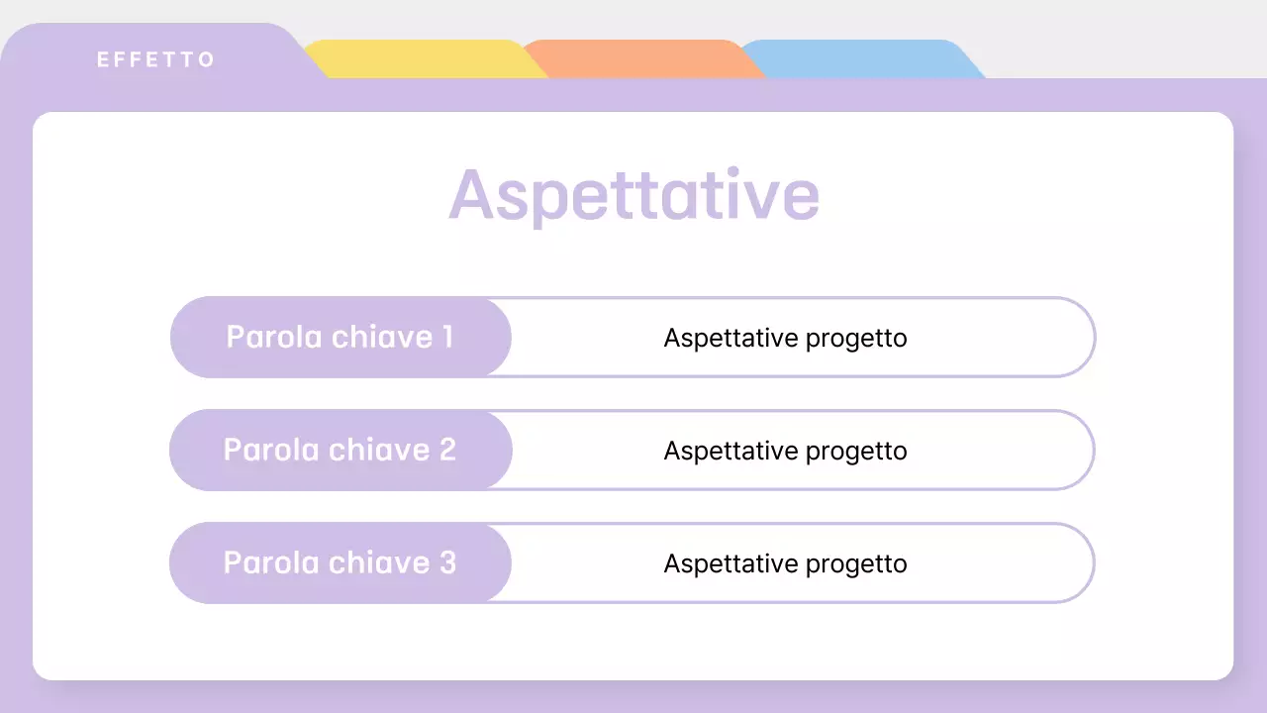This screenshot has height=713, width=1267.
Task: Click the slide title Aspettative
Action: coord(633,195)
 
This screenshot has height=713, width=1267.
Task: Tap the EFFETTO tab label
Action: coord(155,59)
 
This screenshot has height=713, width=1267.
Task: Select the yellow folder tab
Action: coord(421,59)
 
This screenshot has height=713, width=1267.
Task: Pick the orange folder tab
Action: coord(638,59)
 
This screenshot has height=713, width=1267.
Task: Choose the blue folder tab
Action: coord(856,59)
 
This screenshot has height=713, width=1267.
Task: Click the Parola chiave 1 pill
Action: coord(340,337)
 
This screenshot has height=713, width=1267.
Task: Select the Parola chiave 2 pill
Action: coord(340,450)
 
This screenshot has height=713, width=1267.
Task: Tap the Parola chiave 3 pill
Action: coord(340,562)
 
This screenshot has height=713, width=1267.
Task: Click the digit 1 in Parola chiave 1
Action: coord(447,337)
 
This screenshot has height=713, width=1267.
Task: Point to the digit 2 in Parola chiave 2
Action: coord(447,450)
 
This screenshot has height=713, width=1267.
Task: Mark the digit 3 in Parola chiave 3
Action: coord(447,562)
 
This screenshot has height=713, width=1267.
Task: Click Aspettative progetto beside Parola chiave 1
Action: coord(785,338)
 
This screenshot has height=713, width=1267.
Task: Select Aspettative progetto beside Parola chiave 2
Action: coord(785,451)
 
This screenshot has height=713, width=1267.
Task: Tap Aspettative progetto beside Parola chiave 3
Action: coord(785,563)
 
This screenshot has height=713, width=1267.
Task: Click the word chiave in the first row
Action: coord(381,337)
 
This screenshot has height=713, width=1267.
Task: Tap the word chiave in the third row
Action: coord(381,562)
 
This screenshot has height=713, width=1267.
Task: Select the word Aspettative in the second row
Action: coord(731,451)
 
